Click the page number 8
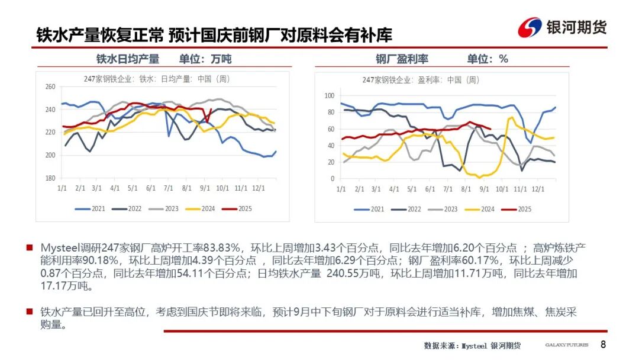coord(603,345)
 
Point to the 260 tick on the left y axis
coord(50,87)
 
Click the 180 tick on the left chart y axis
coord(50,178)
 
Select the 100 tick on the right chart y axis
coord(330,96)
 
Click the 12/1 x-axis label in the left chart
coord(258,188)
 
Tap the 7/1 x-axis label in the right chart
coord(448,188)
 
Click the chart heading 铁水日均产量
coord(128,59)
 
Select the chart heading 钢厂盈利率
coord(402,59)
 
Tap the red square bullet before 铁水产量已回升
coord(30,311)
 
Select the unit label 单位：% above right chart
coord(488,59)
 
